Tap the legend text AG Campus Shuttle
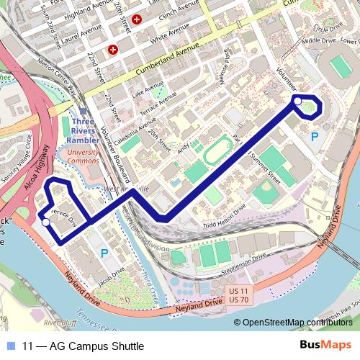(84, 346)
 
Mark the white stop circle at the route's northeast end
(297, 102)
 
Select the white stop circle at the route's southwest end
(46, 222)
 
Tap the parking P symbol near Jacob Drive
(105, 253)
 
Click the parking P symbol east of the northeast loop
(314, 136)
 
